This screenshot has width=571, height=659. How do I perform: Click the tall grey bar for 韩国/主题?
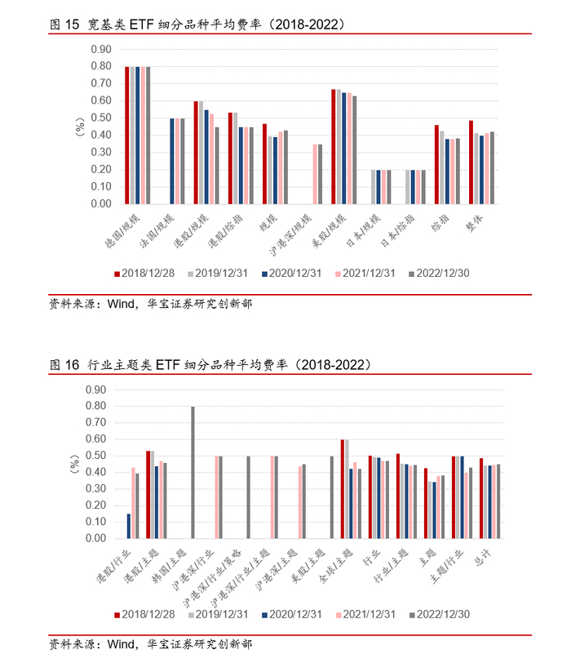[193, 473]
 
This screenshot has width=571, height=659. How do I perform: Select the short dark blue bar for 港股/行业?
[129, 527]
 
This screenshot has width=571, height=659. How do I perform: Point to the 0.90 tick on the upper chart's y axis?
[101, 49]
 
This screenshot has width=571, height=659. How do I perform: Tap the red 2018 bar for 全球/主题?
[343, 489]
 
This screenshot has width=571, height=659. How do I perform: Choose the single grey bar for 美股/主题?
[331, 497]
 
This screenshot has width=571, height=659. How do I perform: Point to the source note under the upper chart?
[151, 304]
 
